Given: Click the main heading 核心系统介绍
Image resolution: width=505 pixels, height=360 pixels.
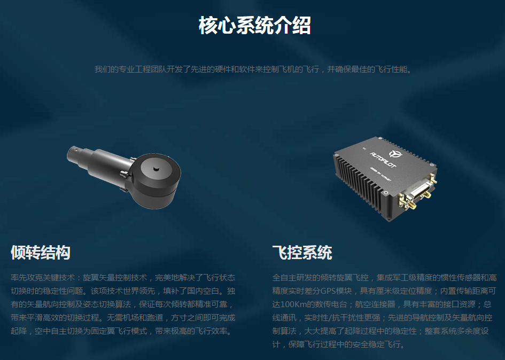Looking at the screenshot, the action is coord(255,25).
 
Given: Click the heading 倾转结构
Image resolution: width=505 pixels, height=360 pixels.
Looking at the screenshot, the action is coord(41,252).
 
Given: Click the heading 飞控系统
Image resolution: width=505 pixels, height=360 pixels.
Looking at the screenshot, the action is coord(302,252).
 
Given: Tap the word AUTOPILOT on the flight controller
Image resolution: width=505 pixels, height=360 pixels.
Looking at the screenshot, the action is coord(383,160).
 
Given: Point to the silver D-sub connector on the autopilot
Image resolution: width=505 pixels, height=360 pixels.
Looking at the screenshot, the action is coord(414,194).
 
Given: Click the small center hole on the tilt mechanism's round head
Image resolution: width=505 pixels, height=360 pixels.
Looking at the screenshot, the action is coord(156,169).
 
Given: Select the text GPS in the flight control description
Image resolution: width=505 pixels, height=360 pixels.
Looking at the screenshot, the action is coord(328,291).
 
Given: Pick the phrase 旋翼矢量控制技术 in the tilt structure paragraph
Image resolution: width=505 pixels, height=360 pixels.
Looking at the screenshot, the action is coord(115,278).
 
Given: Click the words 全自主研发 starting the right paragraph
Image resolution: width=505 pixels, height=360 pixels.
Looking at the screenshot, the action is coord(292,278).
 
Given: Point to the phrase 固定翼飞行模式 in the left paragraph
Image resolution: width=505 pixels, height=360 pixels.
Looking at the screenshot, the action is coord(119,331).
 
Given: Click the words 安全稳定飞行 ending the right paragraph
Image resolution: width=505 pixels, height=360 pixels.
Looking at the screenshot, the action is coord(376,344).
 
